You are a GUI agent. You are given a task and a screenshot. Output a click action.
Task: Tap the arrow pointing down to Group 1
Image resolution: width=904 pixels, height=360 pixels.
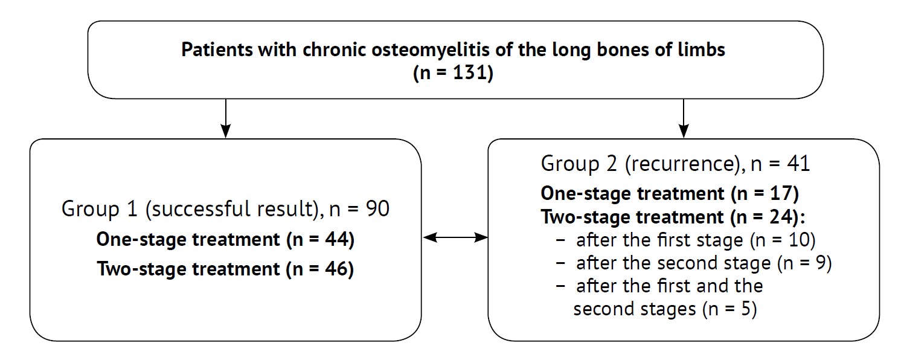(x=226, y=118)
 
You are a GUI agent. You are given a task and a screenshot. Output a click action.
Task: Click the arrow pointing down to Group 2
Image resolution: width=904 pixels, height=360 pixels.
(x=683, y=118)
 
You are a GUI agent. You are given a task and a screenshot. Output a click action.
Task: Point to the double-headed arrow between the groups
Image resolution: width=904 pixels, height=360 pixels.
(x=455, y=237)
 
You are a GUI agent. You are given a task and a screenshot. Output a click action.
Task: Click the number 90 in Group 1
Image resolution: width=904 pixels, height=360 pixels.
(x=377, y=208)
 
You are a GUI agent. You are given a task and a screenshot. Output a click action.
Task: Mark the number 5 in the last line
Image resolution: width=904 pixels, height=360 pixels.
(x=746, y=309)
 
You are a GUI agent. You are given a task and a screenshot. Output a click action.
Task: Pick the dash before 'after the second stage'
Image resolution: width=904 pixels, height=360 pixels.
(x=560, y=263)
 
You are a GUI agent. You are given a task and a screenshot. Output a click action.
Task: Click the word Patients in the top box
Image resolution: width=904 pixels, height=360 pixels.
(x=217, y=50)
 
